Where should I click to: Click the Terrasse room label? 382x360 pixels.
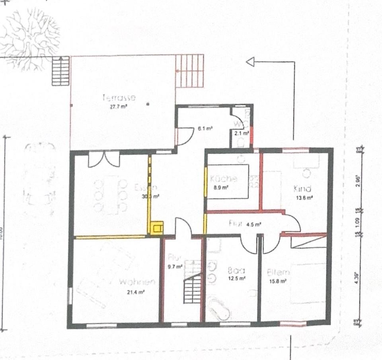click(119, 97)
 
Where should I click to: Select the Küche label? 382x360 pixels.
click(224, 179)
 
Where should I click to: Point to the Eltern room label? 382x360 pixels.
click(278, 273)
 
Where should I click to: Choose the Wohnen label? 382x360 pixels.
click(137, 282)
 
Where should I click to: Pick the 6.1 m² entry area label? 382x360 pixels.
click(205, 128)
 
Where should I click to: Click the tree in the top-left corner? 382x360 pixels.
click(30, 38)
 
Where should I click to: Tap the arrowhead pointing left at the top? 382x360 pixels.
click(250, 62)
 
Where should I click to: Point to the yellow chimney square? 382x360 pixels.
click(156, 228)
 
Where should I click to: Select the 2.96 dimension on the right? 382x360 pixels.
click(357, 179)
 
